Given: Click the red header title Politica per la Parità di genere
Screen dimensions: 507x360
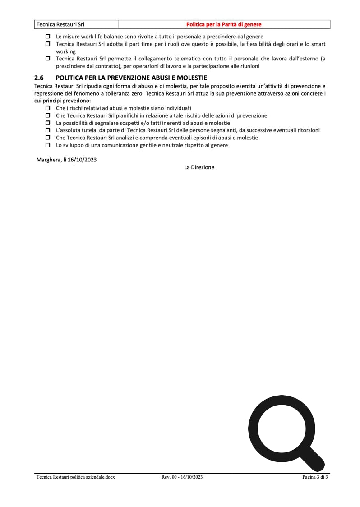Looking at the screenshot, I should pos(224,24).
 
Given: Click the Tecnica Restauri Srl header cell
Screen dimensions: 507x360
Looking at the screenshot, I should pos(60,24).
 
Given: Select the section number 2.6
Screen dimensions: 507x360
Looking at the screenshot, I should pos(39,78).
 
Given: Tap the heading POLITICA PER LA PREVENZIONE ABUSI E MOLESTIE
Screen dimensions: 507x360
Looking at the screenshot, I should pos(131,78).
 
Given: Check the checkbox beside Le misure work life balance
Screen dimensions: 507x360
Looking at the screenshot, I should pos(48,37).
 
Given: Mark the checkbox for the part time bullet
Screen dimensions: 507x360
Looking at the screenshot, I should pos(48,44).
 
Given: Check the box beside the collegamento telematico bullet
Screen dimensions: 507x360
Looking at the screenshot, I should pos(48,59).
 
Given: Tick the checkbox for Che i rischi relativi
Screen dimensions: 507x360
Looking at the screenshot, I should pos(48,108).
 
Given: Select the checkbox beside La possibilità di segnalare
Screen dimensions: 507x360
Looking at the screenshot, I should pos(48,123).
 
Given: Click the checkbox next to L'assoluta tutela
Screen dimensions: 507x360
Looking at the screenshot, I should pos(48,130).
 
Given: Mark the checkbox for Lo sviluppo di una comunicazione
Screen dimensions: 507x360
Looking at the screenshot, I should pos(48,145).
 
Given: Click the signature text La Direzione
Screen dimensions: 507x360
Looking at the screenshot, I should pos(199,167).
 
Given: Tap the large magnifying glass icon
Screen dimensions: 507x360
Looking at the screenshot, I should pos(282,428).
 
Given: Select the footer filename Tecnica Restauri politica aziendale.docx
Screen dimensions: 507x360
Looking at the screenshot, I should pos(76,477).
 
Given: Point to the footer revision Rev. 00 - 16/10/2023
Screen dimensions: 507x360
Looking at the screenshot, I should pos(182,477).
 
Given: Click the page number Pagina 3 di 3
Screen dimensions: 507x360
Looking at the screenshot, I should pos(315,477).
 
